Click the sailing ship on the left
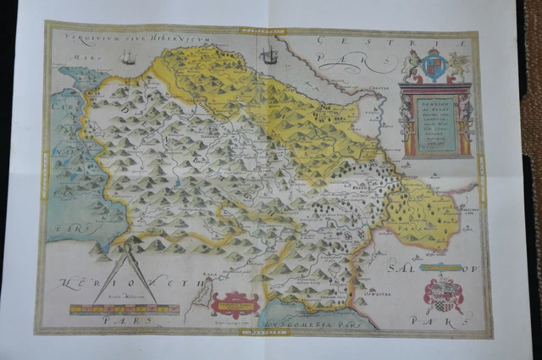point(129,57)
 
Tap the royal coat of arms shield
point(434,66)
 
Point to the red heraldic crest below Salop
point(442,296)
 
